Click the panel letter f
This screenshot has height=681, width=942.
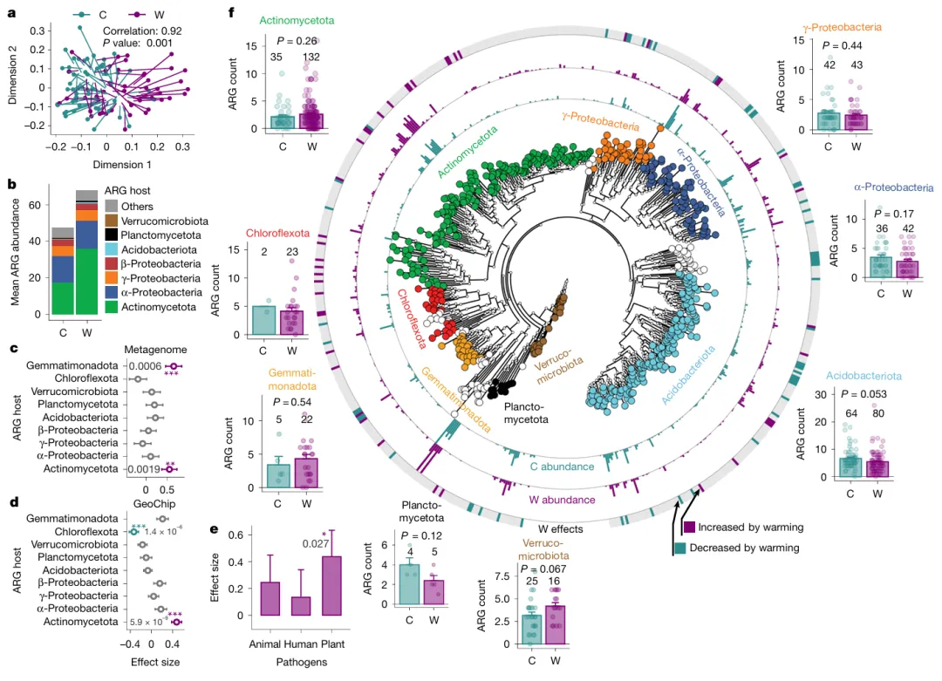pyautogui.click(x=230, y=13)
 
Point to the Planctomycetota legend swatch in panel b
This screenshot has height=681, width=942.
pyautogui.click(x=111, y=235)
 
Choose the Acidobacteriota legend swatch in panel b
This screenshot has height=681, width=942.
pyautogui.click(x=111, y=249)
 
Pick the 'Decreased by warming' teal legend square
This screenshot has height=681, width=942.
pyautogui.click(x=680, y=548)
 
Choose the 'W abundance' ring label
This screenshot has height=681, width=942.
pyautogui.click(x=563, y=501)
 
